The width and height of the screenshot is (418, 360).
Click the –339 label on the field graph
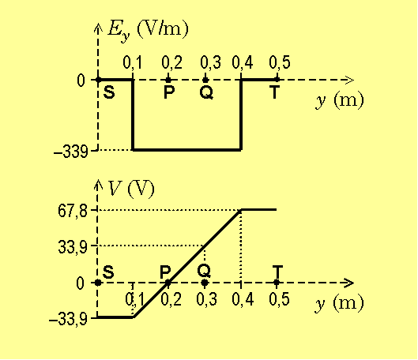pos(70,152)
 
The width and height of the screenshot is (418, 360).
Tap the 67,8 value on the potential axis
pos(73,212)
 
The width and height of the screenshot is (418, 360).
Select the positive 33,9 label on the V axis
pos(73,247)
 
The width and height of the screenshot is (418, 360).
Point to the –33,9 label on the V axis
pos(68,319)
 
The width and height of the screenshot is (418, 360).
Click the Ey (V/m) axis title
pos(148,30)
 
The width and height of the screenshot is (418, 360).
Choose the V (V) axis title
pos(131,189)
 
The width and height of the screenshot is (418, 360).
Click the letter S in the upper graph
pos(109,92)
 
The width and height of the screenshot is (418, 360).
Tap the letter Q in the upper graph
pos(206,92)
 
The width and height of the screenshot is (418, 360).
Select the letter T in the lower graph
pos(277,272)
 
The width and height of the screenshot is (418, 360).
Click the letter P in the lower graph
pos(165,272)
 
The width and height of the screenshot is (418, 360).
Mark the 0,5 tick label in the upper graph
pos(280,62)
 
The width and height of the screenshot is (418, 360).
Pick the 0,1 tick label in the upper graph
pos(133,62)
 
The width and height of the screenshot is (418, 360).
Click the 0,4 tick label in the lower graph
pos(243,299)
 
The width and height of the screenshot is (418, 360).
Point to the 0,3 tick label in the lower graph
pos(206,299)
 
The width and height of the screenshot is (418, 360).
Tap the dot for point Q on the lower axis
pos(205,283)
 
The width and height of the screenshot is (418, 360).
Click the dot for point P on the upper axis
pos(168,80)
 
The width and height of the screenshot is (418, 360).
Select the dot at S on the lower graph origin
pos(98,283)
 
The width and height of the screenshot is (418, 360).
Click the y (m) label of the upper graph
pos(340,100)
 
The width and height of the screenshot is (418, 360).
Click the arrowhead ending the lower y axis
pos(348,283)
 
